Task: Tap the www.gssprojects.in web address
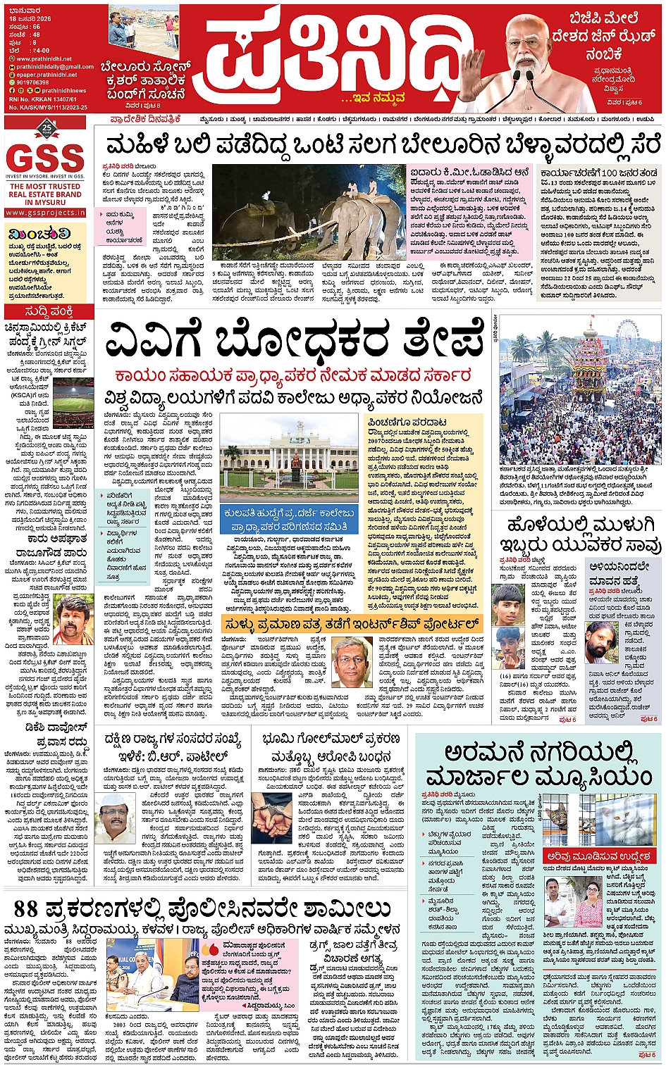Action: [47, 212]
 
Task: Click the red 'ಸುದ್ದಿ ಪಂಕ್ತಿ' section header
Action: [48, 311]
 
